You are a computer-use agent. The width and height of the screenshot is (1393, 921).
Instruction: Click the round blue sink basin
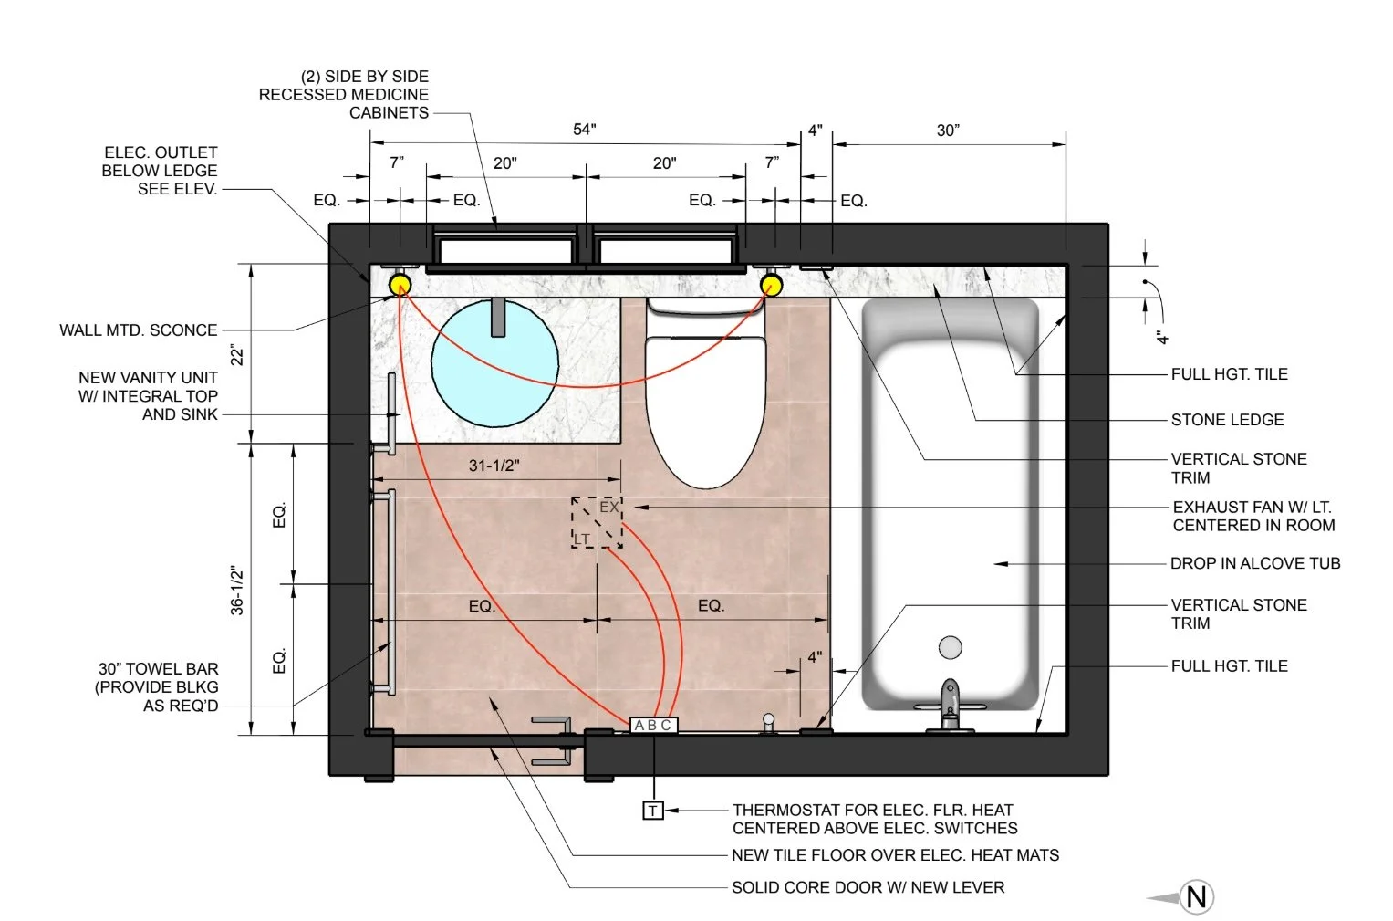[x=495, y=363]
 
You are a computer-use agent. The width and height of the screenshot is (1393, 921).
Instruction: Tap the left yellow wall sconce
[x=400, y=285]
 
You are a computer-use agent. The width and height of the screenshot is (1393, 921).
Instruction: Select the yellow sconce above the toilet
[x=771, y=285]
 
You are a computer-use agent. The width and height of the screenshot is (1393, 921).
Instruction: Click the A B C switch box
[x=653, y=725]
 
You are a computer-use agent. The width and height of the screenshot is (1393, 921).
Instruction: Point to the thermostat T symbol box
[x=652, y=811]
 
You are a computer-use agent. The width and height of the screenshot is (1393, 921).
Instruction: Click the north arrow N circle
[x=1197, y=896]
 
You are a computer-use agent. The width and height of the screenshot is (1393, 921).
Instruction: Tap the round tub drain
[x=951, y=647]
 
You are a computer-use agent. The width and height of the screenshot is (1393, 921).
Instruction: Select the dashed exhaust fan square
[x=597, y=522]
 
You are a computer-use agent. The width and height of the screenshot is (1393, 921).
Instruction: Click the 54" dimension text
[x=585, y=129]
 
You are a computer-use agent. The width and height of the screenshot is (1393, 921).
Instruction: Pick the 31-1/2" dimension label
[x=494, y=466]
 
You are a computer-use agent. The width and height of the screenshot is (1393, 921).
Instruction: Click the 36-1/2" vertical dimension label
[x=237, y=590]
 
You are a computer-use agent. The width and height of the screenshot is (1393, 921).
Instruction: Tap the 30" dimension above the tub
[x=948, y=130]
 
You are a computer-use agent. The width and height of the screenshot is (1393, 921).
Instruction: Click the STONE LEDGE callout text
[x=1227, y=420]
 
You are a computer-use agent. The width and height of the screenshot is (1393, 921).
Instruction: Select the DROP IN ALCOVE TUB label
[x=1255, y=563]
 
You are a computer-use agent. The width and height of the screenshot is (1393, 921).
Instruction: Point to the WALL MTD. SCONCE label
[x=138, y=330]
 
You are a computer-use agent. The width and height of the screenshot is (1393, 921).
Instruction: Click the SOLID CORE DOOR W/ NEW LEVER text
[x=868, y=887]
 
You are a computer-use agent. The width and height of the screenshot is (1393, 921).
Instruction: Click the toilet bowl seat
[x=705, y=411]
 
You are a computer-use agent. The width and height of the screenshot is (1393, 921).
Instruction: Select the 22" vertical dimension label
[x=237, y=355]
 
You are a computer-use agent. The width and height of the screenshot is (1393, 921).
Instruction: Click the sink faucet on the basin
[x=497, y=318]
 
